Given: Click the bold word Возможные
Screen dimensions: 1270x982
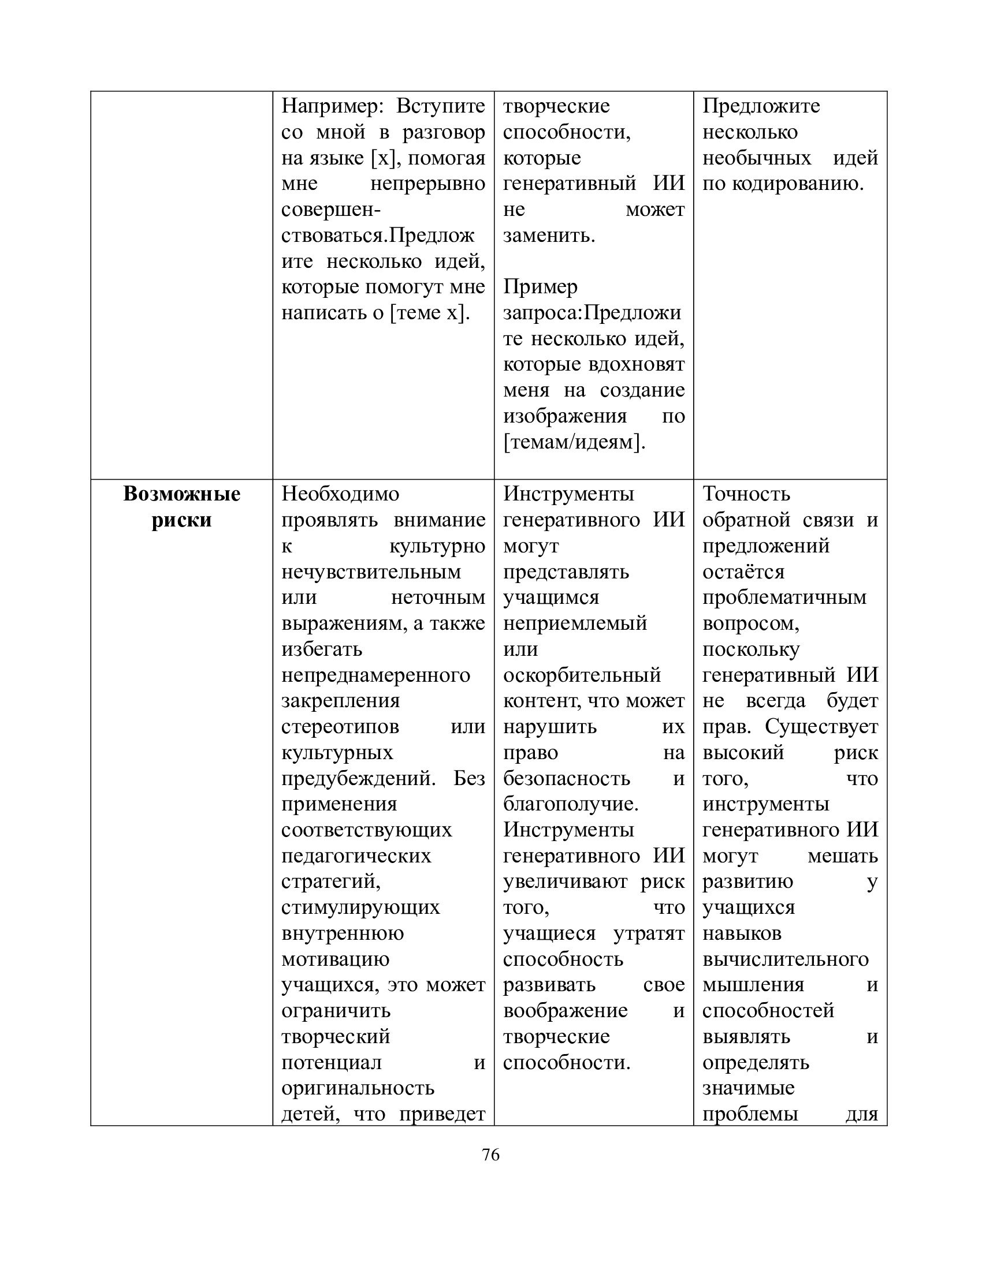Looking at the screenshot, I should [181, 494].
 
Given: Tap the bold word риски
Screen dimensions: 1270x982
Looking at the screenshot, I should [181, 520].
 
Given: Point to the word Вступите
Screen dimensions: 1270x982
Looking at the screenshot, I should [440, 106].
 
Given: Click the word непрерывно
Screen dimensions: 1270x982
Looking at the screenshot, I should [427, 183].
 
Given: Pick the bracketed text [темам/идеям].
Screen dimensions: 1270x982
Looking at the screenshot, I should [574, 442].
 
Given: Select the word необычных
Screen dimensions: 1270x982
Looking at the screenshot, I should [756, 158].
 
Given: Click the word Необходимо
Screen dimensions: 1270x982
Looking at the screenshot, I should [340, 494].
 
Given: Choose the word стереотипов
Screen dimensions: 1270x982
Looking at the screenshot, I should [340, 726].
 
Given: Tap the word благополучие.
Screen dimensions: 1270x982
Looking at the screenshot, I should [571, 804].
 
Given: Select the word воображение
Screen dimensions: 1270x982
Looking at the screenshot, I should [565, 1011].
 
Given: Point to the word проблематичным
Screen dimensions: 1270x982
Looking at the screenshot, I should [784, 597].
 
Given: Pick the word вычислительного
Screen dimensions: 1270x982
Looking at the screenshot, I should [786, 959].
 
